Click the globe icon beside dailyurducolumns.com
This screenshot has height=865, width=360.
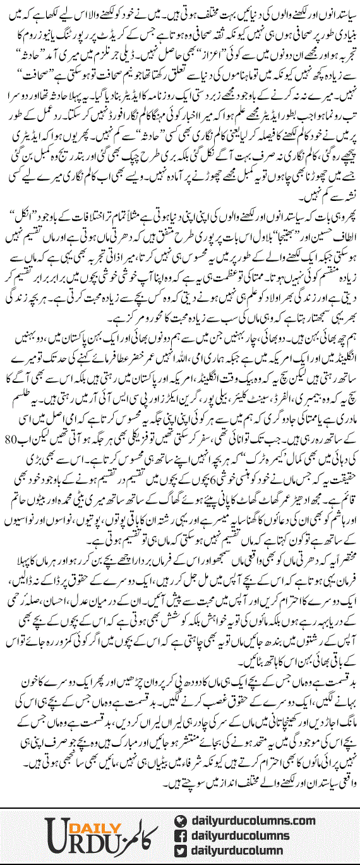tap(180, 820)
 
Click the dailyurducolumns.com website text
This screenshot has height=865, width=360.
tap(252, 820)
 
